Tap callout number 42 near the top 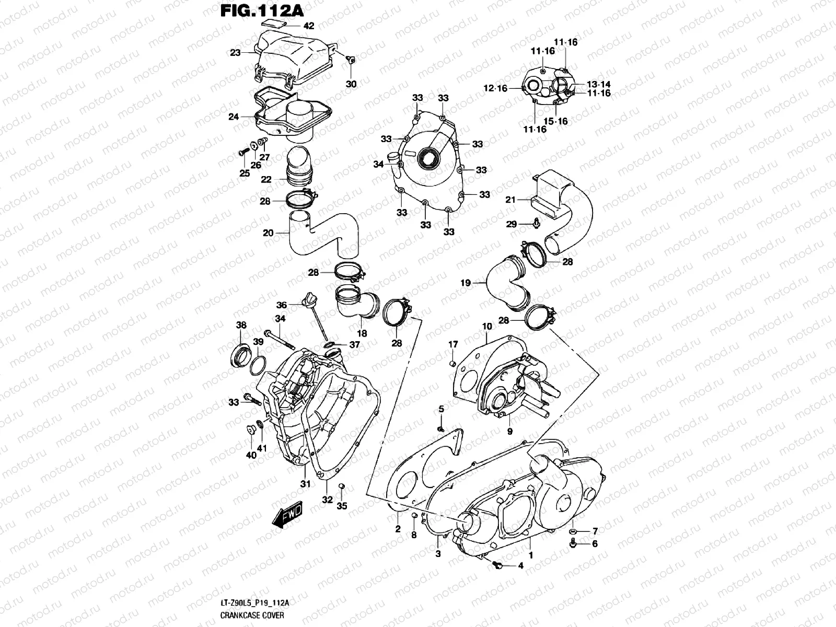point(309,26)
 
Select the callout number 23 point(235,53)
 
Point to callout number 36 point(282,305)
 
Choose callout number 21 point(510,200)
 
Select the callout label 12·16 point(495,89)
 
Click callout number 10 point(487,327)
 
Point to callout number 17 point(453,344)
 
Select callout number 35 point(342,506)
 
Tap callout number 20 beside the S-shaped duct point(268,233)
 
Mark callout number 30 point(351,84)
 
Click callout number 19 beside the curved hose point(466,283)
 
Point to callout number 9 point(509,432)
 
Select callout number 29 point(511,224)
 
